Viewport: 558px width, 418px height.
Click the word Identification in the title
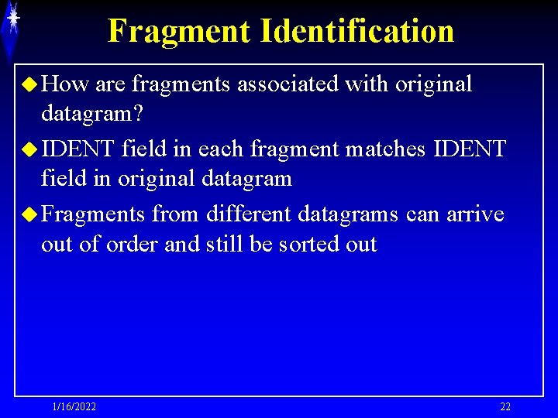point(357,31)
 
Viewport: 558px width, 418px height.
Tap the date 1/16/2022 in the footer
point(74,407)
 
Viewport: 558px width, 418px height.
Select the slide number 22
point(505,407)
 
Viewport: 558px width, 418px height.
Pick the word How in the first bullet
point(64,84)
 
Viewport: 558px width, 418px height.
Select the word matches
point(385,148)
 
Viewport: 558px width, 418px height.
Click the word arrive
point(474,213)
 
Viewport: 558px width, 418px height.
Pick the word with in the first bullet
point(367,84)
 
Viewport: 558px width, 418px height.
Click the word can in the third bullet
point(422,213)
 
